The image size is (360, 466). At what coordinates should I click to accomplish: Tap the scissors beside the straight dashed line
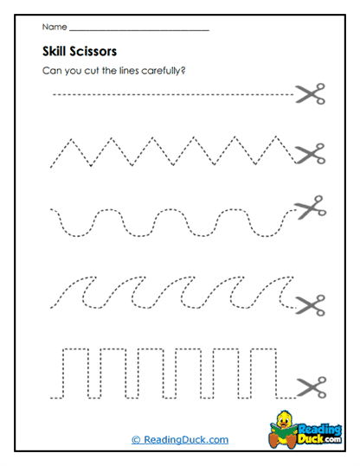click(309, 93)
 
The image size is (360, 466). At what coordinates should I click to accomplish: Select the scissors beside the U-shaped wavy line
click(309, 207)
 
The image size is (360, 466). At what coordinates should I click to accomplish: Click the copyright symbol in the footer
click(136, 440)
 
